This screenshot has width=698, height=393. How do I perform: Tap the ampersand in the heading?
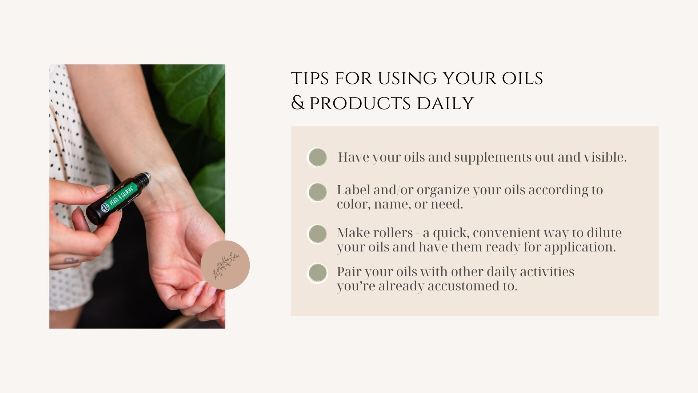298,103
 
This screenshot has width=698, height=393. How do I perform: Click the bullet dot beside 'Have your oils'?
317,158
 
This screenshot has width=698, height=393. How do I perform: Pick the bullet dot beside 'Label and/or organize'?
317,192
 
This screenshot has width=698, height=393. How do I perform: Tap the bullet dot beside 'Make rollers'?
317,234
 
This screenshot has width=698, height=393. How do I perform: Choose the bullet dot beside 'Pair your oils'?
317,273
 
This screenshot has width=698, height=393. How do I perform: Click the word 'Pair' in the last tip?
349,272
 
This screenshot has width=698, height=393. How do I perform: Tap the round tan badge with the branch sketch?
225,265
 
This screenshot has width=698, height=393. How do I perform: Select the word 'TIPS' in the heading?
310,79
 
